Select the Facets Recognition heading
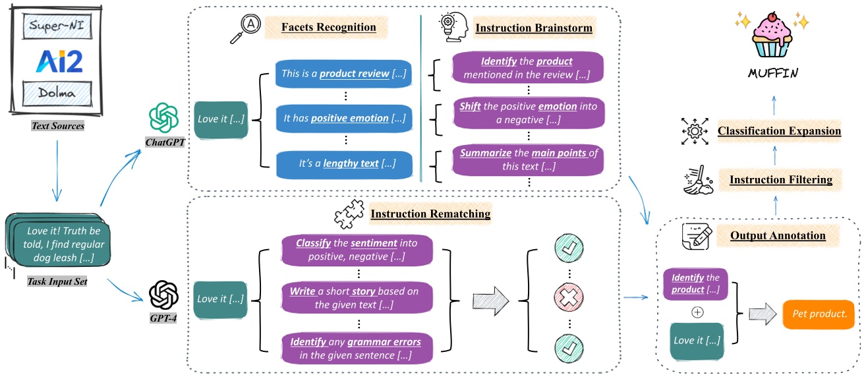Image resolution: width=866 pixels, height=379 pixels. tap(320, 28)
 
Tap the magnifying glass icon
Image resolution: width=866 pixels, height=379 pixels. tap(243, 30)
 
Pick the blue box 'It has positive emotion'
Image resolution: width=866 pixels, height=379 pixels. tap(343, 119)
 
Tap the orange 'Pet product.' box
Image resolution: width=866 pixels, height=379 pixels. tap(818, 314)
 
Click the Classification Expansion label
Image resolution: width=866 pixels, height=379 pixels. tap(779, 131)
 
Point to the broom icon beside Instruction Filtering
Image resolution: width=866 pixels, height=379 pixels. tap(695, 179)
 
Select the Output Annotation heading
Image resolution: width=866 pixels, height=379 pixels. tap(768, 235)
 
